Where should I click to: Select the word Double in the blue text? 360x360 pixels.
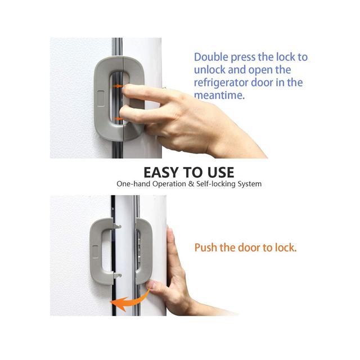coord(211,57)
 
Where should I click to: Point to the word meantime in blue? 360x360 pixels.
coord(219,95)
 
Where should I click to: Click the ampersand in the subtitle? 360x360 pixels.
coord(191,184)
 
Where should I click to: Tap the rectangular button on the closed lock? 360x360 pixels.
coord(101,98)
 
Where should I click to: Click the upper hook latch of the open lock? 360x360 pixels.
coord(117,226)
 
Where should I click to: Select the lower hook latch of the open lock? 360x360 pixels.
coord(117,275)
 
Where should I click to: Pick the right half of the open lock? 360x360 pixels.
coord(144,251)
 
